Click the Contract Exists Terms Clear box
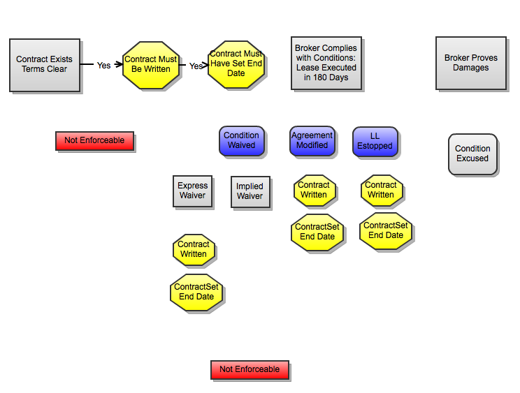coord(45,65)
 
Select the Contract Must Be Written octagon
coord(150,65)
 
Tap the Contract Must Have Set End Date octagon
coord(236,64)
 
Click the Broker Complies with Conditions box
coord(326,64)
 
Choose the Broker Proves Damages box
coord(471,64)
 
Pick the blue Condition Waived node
coord(241,140)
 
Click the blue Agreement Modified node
coord(312,140)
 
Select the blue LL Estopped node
coord(375,141)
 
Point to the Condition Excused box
coord(472,154)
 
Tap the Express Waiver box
coord(192,191)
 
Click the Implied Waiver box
coord(250,191)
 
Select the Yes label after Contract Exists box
coord(103,65)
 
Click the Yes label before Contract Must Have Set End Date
coord(196,66)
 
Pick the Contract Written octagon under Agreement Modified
coord(314,190)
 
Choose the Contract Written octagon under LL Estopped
coord(381,190)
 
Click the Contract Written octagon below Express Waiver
coord(194,249)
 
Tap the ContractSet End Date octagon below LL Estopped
coord(386,230)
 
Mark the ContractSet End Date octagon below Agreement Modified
coord(317,232)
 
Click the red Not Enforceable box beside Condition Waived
coord(94,140)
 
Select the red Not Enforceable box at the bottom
coord(250,369)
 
